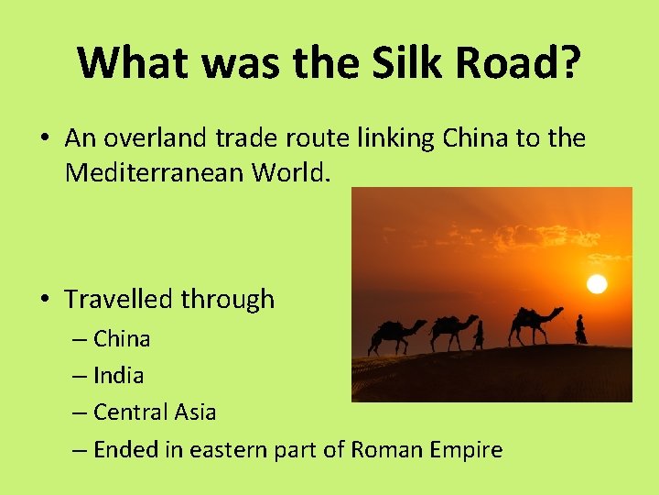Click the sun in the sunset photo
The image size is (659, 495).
(x=597, y=283)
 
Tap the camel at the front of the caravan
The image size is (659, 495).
(x=535, y=323)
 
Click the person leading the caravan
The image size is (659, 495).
(x=580, y=329)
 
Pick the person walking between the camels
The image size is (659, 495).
(x=479, y=335)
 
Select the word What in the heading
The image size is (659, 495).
(x=135, y=62)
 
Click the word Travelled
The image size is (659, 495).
(x=119, y=299)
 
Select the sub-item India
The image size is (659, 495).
(x=119, y=375)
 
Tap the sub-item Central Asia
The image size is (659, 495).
(x=155, y=412)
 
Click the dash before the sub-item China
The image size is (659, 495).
(x=81, y=339)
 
